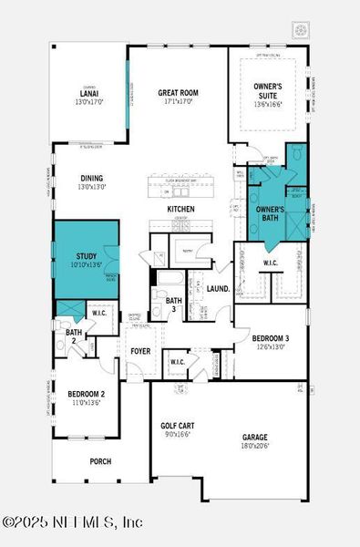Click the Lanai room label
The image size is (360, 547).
coord(88,92)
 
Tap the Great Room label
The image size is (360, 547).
coord(178,92)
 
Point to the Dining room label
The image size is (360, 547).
coord(91,179)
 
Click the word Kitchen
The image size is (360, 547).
coord(180,209)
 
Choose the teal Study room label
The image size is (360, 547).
coord(86,257)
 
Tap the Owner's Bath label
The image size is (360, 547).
coord(270,214)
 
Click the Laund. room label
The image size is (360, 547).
coord(218,288)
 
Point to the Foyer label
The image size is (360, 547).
coord(140,350)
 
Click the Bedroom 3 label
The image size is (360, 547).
coord(271,338)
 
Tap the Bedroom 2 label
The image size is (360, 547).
coord(87,394)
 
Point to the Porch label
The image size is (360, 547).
coord(100,461)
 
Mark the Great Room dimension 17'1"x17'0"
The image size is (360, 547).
coord(178,101)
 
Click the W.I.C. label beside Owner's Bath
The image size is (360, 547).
coord(271,263)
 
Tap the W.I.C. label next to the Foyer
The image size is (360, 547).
coord(179,362)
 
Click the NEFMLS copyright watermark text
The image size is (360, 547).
coord(73,522)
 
